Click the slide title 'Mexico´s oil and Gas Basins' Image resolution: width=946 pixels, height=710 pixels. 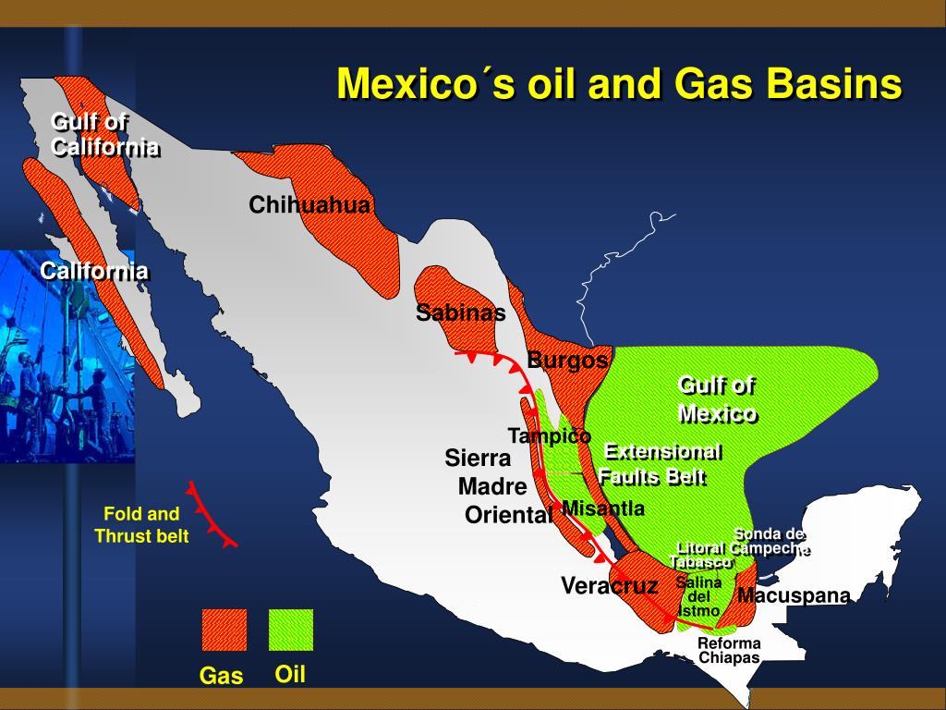coord(618,84)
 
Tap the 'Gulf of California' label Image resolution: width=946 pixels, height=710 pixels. coord(103,135)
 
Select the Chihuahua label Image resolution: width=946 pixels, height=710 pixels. coord(309,205)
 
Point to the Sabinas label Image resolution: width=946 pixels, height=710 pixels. coord(460,312)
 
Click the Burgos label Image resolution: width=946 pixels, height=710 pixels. coord(567,360)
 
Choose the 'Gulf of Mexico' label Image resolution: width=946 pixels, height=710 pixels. coord(717,399)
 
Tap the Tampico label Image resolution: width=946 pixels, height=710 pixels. coord(549,435)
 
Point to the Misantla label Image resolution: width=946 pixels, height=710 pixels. coord(602,508)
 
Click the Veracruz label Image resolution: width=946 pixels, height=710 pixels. coord(609,585)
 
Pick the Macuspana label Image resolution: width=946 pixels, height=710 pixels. coord(793,595)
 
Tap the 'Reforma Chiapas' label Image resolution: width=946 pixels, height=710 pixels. coord(729,651)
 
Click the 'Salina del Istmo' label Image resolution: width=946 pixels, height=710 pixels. coord(698,596)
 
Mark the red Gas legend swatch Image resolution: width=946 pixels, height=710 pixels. coord(224,630)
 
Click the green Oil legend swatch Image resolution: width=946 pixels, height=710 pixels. coord(291,630)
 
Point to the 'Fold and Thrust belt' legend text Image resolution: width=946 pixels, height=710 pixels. coord(141,525)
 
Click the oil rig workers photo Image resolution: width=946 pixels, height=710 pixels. coord(67,356)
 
